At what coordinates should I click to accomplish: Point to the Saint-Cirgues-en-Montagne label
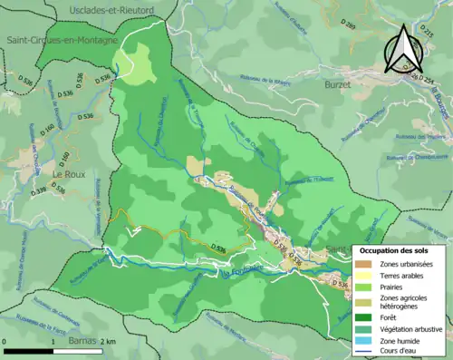point(62,41)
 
